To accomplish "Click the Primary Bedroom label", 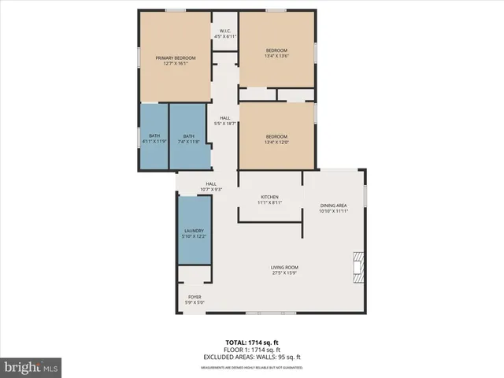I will [175, 58].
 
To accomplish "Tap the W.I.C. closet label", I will [225, 31].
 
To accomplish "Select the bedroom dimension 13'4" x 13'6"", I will [276, 56].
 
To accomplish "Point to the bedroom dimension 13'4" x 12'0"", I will [276, 143].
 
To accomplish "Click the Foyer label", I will [194, 297].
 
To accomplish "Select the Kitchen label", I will [270, 197].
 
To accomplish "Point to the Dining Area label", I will [333, 206].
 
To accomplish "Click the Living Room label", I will [285, 267].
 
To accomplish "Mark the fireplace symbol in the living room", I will [359, 268].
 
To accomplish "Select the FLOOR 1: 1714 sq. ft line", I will [251, 349].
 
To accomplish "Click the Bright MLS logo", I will [31, 366].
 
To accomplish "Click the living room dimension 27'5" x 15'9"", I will [285, 273].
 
